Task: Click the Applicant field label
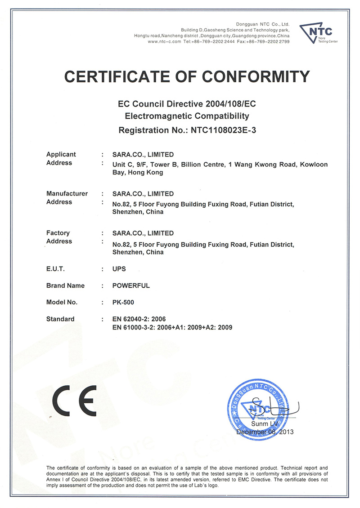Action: coord(61,154)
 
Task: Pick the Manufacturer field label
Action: coord(67,193)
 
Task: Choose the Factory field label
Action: coord(58,233)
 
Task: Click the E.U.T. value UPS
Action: coord(119,269)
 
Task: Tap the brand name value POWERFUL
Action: coord(131,285)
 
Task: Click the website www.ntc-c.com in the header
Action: coord(164,41)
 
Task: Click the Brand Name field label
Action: coord(65,285)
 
